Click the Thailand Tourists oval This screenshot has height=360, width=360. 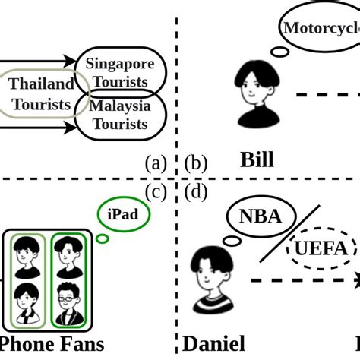[x=42, y=94]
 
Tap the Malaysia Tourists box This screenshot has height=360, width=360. [x=118, y=115]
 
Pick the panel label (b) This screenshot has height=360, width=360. [x=195, y=163]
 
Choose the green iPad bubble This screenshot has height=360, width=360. [x=122, y=215]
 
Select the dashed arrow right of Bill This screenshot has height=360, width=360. [x=327, y=94]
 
